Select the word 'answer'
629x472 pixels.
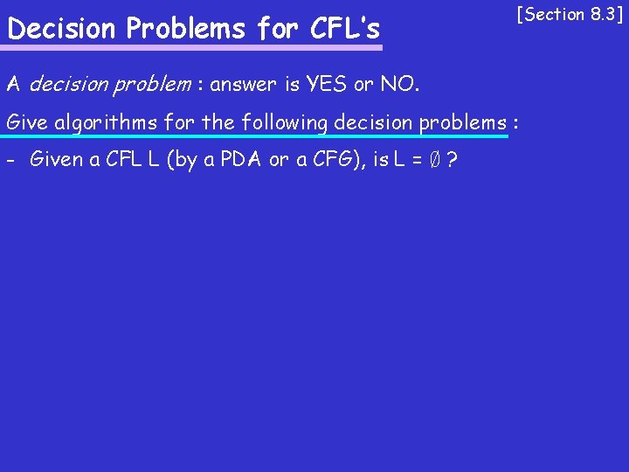252,86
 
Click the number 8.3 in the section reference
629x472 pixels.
600,14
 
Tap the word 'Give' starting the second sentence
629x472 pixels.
26,122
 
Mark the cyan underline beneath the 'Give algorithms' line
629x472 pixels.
253,136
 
